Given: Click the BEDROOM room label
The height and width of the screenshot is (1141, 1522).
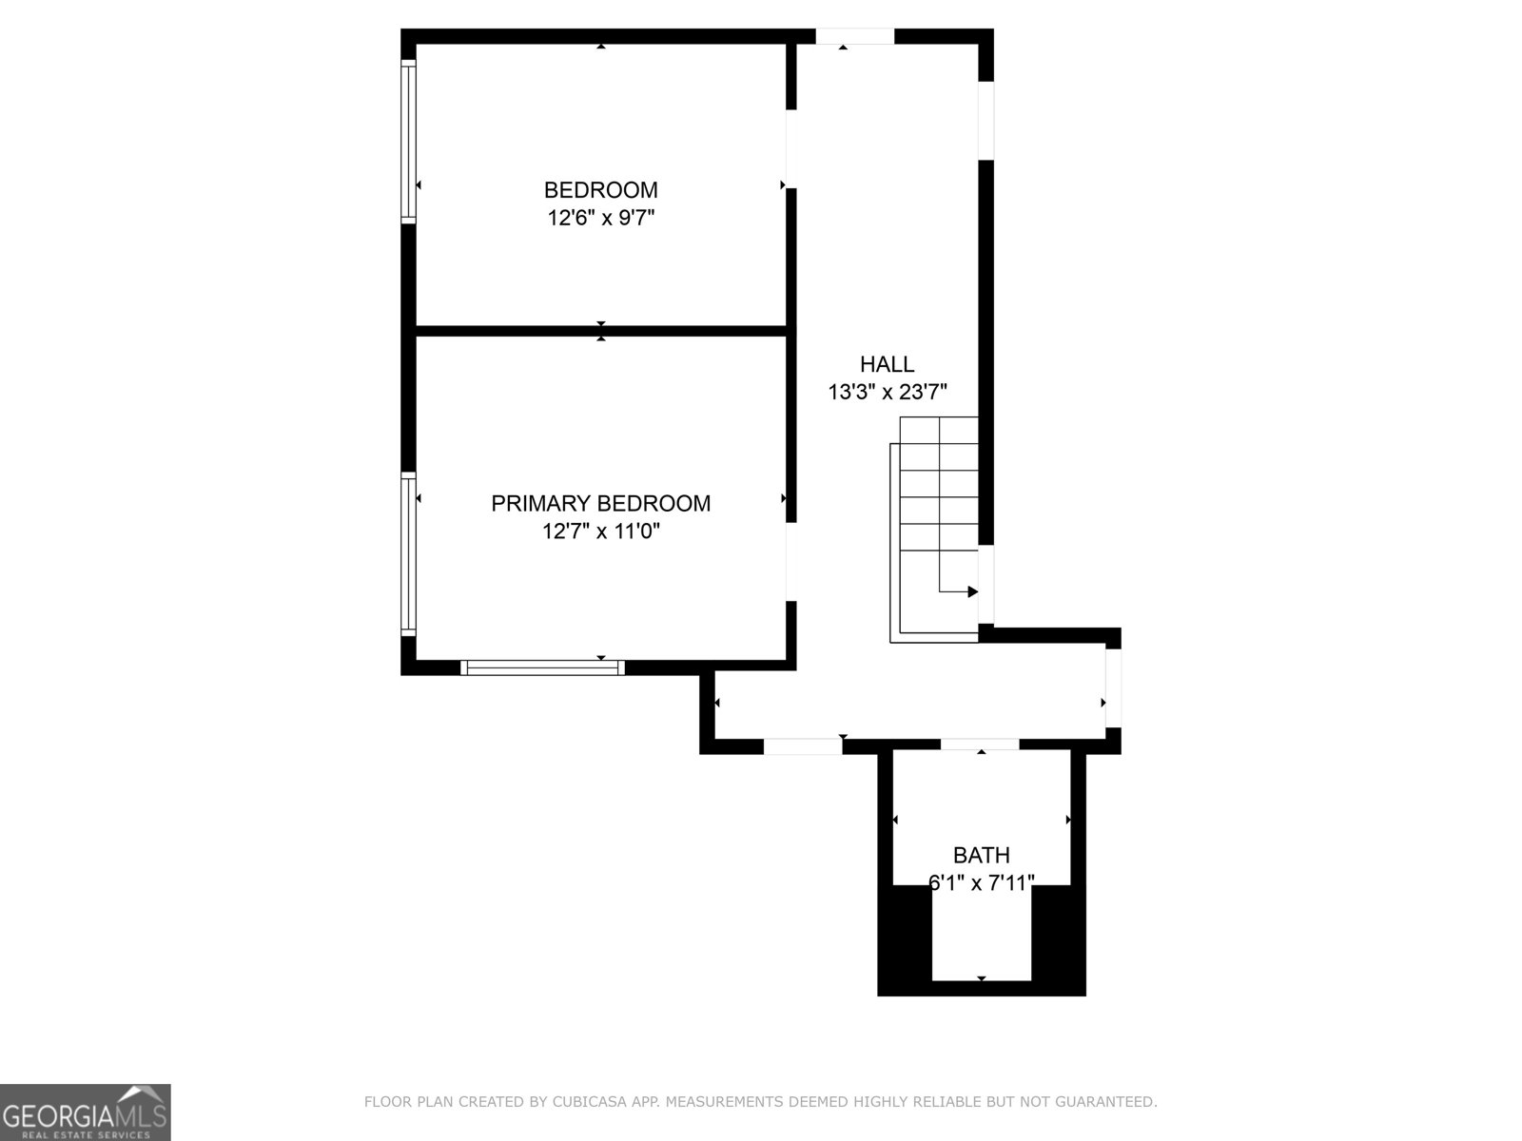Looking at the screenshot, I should coord(600,189).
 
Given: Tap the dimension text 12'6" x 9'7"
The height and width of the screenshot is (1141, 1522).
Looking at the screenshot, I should coord(600,218).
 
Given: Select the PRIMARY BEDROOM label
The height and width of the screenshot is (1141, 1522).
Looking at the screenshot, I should coord(600,503).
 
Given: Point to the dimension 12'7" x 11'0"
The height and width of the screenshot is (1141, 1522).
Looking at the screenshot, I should coord(600,532).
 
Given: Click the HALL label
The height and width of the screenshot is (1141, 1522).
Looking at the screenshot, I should coord(887,364).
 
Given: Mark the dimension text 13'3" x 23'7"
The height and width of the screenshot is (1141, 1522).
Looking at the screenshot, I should coord(887,392).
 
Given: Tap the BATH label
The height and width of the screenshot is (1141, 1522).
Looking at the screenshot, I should coord(981,855).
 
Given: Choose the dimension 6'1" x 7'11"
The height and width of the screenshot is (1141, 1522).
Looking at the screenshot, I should coord(981,883).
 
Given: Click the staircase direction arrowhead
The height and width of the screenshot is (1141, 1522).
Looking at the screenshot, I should coord(972,591).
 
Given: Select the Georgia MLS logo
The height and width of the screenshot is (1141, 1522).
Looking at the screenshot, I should coord(85,1112).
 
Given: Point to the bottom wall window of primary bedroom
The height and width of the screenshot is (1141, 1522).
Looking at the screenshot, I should coord(542,667).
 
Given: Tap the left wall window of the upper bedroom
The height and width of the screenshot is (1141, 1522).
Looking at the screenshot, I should coord(408,141).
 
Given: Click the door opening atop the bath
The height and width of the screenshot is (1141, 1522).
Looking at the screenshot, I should coord(980,745).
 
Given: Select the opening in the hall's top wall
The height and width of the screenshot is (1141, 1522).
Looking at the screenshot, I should coord(854,36).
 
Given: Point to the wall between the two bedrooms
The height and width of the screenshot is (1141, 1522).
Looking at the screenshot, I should coord(600,331).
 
